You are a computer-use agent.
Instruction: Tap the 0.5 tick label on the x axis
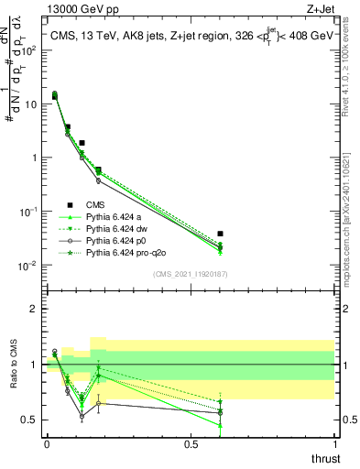[191, 444]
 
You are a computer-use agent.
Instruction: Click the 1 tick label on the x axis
[334, 444]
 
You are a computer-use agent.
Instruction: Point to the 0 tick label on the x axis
[47, 444]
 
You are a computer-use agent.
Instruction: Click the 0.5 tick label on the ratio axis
[29, 420]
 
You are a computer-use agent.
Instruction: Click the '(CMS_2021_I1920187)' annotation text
[190, 274]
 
